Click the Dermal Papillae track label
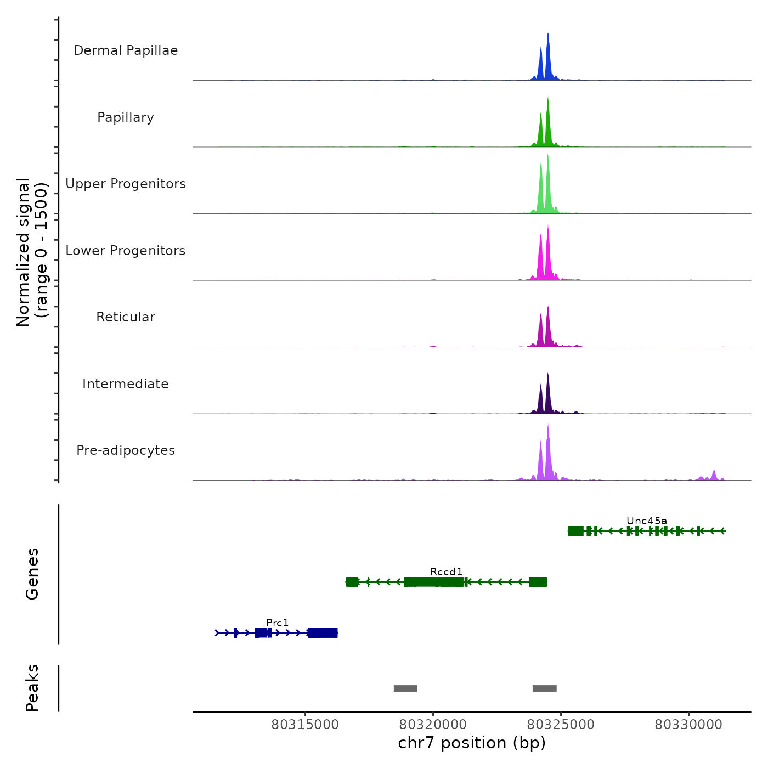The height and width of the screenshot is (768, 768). pyautogui.click(x=126, y=50)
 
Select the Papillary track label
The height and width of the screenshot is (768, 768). pyautogui.click(x=126, y=117)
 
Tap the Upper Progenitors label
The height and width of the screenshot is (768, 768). pyautogui.click(x=126, y=184)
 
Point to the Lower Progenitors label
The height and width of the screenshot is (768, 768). pyautogui.click(x=126, y=251)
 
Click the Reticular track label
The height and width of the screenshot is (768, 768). pyautogui.click(x=126, y=317)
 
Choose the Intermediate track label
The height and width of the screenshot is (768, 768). pyautogui.click(x=126, y=384)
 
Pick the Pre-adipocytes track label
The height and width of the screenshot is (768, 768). pyautogui.click(x=126, y=450)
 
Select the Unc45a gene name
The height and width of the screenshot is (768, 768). pyautogui.click(x=647, y=521)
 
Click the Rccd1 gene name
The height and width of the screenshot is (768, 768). pyautogui.click(x=446, y=572)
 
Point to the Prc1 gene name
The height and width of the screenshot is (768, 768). pyautogui.click(x=277, y=623)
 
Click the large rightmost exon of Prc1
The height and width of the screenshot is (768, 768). pyautogui.click(x=323, y=633)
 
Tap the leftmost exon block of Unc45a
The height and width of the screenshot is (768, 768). pyautogui.click(x=575, y=531)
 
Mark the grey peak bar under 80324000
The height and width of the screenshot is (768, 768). pyautogui.click(x=544, y=688)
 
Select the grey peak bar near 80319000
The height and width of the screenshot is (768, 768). pyautogui.click(x=405, y=688)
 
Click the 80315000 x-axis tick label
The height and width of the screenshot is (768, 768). pyautogui.click(x=305, y=725)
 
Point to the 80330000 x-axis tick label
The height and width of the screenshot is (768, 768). pyautogui.click(x=688, y=725)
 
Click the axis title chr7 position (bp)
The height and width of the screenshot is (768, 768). pyautogui.click(x=472, y=743)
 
